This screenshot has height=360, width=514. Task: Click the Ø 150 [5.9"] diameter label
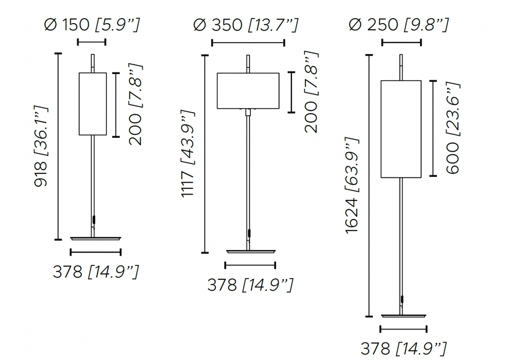(92, 25)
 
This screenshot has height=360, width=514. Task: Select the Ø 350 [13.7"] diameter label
(246, 25)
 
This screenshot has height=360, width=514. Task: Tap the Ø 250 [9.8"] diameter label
(399, 25)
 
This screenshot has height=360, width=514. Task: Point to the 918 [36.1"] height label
(41, 146)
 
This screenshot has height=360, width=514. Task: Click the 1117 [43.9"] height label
(188, 153)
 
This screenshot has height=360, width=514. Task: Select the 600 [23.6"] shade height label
(453, 128)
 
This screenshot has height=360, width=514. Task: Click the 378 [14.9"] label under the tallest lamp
(403, 348)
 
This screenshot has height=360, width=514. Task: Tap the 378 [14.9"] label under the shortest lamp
(96, 272)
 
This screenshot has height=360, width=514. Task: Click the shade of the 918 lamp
(93, 104)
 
